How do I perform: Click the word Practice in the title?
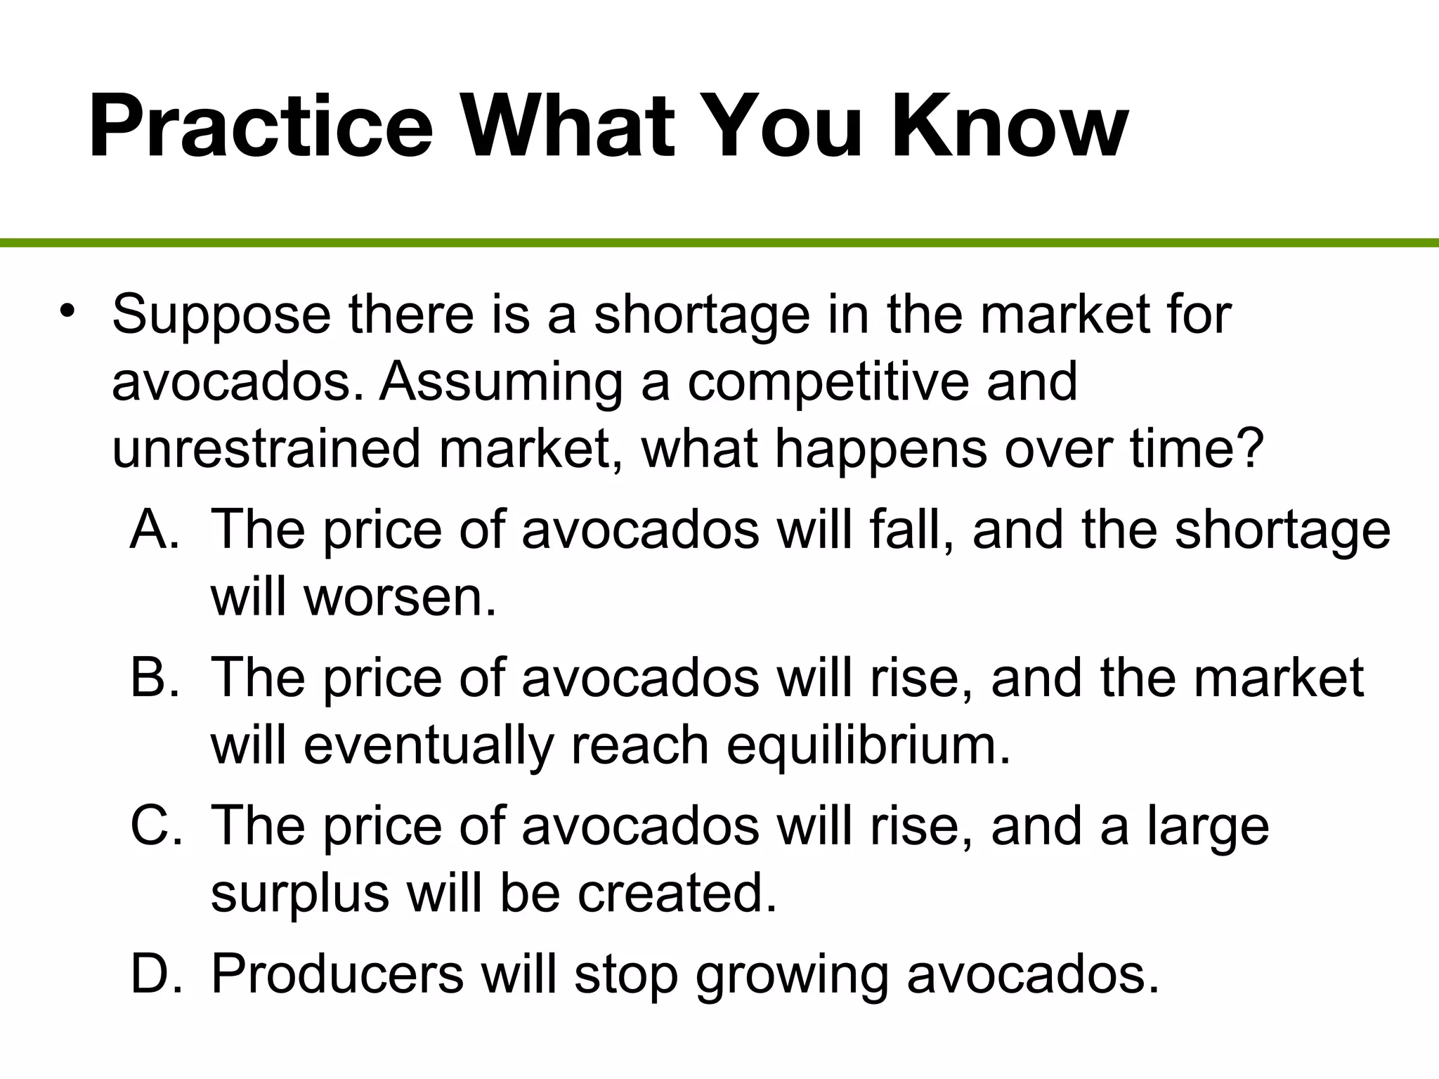[x=261, y=126]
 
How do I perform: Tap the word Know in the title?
[x=1010, y=126]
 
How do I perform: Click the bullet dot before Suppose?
[x=67, y=310]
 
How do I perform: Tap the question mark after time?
[x=1250, y=449]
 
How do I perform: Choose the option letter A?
[x=155, y=530]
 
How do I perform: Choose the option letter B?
[x=155, y=678]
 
